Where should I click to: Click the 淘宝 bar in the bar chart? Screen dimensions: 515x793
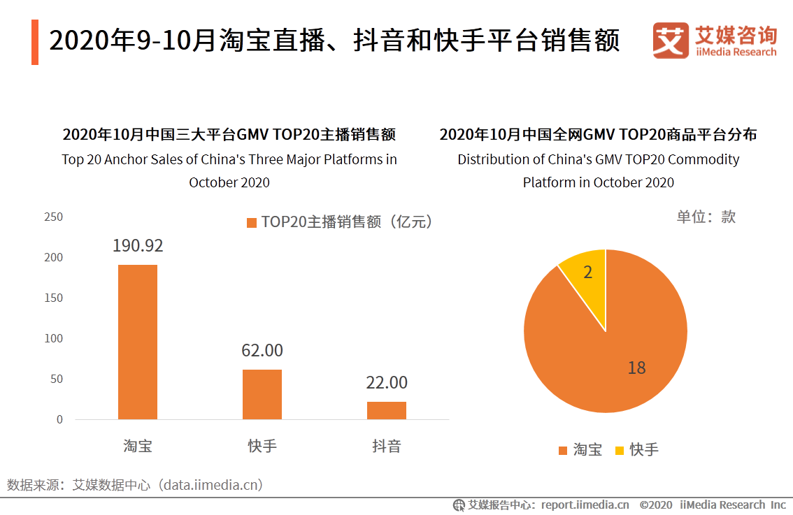(137, 342)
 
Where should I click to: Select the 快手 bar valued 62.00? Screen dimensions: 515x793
(262, 394)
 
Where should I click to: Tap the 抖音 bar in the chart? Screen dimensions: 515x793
(386, 410)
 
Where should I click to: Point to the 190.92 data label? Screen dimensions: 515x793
(138, 246)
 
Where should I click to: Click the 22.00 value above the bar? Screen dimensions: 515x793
(386, 383)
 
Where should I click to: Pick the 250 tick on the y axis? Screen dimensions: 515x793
(54, 217)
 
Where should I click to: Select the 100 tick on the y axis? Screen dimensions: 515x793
(54, 338)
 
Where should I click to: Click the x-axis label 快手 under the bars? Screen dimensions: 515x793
(262, 446)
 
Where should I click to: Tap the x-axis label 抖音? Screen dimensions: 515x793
(386, 446)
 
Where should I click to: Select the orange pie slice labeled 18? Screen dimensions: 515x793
(615, 349)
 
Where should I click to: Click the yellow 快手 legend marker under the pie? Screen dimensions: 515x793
(619, 451)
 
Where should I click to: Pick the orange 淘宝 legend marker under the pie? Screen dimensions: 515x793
(563, 451)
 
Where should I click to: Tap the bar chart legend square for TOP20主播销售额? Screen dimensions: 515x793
(252, 222)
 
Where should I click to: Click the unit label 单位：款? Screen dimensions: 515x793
(706, 217)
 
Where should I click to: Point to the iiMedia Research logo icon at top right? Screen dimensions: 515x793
(670, 40)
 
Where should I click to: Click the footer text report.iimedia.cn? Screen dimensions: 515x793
(585, 505)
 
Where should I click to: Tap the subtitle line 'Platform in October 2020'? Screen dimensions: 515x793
(598, 182)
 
